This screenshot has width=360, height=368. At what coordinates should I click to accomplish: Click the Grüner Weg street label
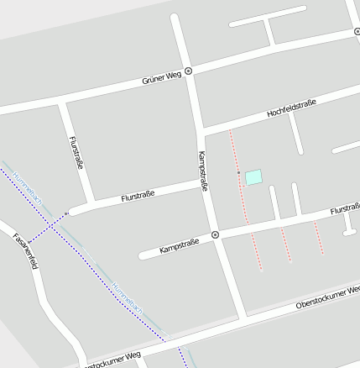(163, 77)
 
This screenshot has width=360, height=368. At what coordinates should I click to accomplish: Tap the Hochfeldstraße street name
(290, 108)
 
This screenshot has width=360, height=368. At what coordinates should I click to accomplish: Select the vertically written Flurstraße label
(76, 154)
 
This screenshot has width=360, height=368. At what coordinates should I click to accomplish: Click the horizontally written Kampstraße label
(179, 245)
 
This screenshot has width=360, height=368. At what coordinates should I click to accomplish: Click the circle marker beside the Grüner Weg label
(189, 71)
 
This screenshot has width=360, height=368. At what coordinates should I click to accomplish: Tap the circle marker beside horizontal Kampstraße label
(216, 235)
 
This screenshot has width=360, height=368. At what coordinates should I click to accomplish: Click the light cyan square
(253, 176)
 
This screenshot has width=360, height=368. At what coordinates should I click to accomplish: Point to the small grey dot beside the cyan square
(238, 173)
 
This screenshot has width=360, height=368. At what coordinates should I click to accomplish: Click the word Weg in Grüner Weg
(174, 76)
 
